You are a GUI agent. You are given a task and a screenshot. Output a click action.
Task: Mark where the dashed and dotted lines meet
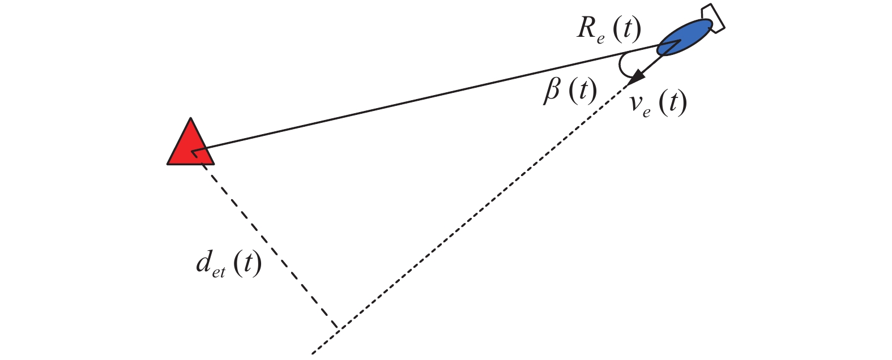pyautogui.click(x=338, y=328)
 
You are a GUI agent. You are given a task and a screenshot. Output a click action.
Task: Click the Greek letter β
pyautogui.click(x=552, y=92)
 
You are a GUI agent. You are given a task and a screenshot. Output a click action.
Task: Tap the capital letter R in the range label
pyautogui.click(x=586, y=29)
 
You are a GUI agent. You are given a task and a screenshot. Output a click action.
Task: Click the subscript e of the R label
pyautogui.click(x=600, y=37)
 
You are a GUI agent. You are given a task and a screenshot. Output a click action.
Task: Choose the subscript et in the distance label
pyautogui.click(x=219, y=272)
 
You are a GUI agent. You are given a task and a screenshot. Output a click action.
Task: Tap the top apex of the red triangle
pyautogui.click(x=191, y=118)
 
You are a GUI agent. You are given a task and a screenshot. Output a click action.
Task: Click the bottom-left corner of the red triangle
pyautogui.click(x=168, y=164)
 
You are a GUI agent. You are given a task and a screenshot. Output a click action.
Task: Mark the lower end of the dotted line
pyautogui.click(x=313, y=353)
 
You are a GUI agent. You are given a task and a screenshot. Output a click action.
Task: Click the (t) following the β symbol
pyautogui.click(x=582, y=92)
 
